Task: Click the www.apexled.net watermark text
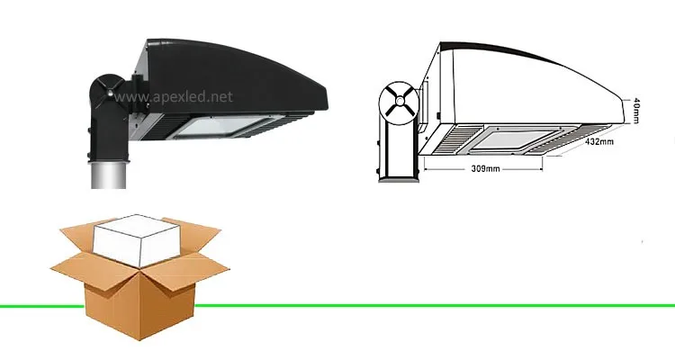[170, 95]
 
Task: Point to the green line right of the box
[432, 305]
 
